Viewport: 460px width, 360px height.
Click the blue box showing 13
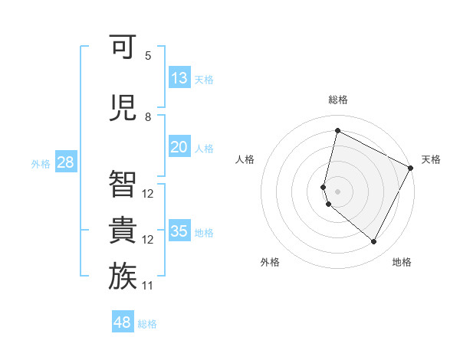179,78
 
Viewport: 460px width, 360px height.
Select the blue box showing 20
179,147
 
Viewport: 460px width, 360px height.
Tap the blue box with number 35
179,231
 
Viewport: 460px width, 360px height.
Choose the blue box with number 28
65,162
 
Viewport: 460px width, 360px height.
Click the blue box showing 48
123,322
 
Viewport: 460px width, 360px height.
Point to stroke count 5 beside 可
148,56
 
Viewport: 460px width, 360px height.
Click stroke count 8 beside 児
148,116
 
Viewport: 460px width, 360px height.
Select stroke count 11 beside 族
148,286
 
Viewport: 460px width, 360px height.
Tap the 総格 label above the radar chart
337,100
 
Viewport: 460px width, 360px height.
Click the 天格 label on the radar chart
431,159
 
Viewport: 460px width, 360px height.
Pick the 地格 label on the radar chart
402,262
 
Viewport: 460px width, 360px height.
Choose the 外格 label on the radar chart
270,262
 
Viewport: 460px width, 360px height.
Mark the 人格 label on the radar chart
245,159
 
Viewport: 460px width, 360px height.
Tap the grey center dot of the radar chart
337,191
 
